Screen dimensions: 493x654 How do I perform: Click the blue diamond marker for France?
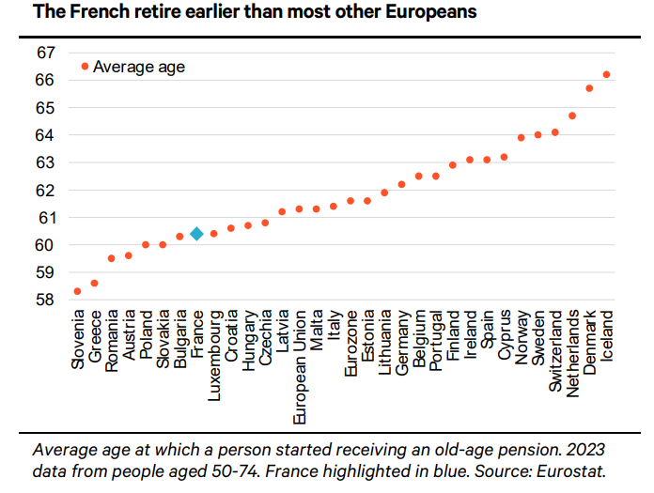[x=196, y=234]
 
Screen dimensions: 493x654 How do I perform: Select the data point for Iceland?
[x=606, y=74]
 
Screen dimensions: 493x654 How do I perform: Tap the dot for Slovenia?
[x=77, y=291]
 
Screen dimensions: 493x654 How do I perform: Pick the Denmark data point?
[x=589, y=88]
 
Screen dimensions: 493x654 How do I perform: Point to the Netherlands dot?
[x=572, y=116]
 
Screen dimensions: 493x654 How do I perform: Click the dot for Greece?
[x=94, y=283]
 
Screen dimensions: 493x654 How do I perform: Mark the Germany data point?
[x=401, y=184]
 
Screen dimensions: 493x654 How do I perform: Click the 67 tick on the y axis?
[x=46, y=53]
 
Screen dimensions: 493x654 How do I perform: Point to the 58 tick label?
[x=46, y=300]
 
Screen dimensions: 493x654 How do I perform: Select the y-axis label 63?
[x=46, y=162]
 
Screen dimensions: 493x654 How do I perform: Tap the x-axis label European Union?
[x=299, y=360]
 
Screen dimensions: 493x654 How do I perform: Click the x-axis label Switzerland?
[x=555, y=349]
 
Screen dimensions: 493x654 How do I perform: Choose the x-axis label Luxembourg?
[x=213, y=350]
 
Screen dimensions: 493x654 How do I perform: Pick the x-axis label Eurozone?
[x=350, y=343]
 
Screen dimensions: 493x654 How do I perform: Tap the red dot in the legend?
[x=85, y=66]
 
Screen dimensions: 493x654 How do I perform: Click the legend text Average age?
[x=139, y=67]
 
